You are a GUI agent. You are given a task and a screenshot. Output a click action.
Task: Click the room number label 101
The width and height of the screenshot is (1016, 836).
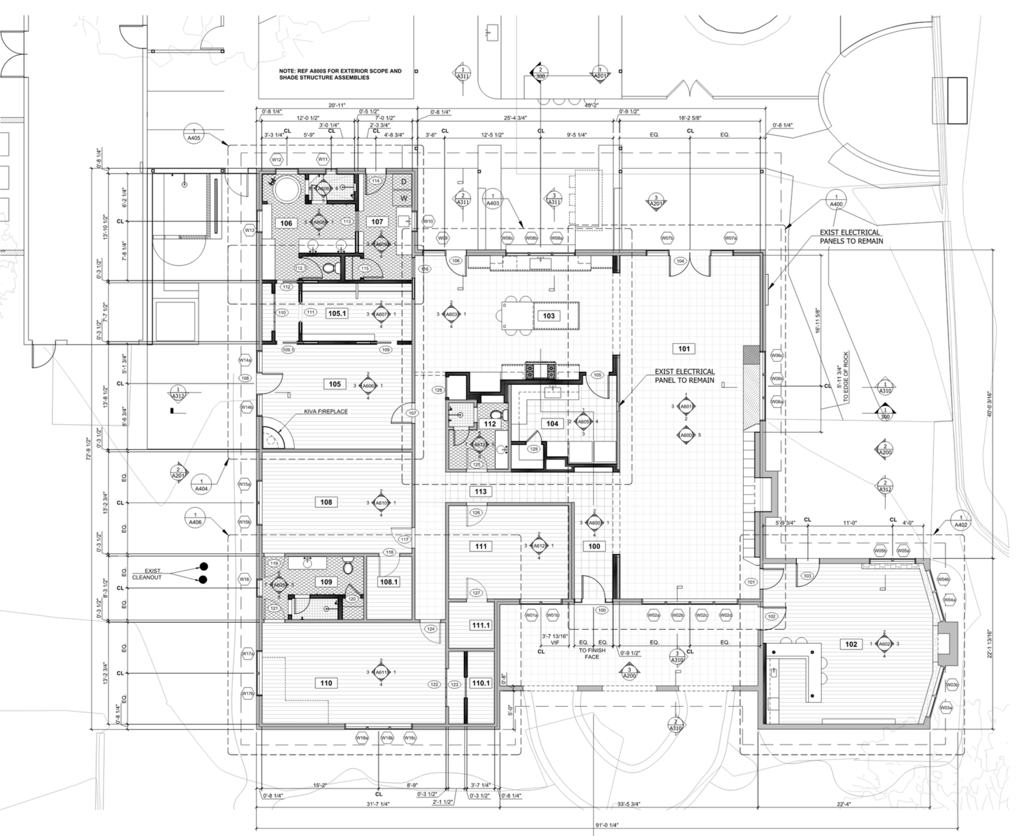[684, 349]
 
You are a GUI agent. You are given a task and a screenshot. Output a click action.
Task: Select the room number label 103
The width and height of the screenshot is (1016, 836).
[549, 316]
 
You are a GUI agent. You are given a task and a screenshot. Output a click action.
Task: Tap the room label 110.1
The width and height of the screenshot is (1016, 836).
[480, 683]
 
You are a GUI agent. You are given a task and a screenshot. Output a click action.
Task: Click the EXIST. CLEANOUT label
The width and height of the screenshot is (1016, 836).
[162, 574]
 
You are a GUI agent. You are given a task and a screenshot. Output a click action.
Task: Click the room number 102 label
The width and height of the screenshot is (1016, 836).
[851, 644]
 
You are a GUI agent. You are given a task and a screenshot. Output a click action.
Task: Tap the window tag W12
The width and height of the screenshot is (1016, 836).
[276, 159]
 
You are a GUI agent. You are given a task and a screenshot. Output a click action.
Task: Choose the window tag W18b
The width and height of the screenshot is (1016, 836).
[387, 738]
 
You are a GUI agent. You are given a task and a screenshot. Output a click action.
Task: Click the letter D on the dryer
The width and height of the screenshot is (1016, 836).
[404, 181]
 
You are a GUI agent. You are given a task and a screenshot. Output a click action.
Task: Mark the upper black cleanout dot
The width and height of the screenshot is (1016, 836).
[204, 566]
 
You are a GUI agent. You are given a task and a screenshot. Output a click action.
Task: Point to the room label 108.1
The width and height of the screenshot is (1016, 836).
[388, 582]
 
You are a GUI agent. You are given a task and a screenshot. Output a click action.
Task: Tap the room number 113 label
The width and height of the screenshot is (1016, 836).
[480, 491]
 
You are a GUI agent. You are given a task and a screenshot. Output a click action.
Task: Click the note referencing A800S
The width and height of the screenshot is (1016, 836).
[340, 74]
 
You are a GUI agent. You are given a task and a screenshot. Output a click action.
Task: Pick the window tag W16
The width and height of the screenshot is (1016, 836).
[244, 578]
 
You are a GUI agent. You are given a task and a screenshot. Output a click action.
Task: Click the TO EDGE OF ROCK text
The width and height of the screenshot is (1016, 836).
[846, 377]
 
